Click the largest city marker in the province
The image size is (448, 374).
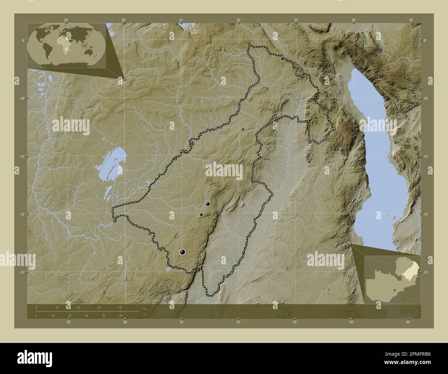coord(182,253)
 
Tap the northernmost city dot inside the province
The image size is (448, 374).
coord(282,59)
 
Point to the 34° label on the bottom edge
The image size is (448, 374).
coord(351,322)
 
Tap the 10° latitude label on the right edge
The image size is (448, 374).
coord(426,98)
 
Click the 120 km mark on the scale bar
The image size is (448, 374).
coord(99,307)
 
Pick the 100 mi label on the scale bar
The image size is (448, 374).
coord(120,316)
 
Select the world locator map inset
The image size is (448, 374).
coord(66,45)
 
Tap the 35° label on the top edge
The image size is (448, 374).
coord(411,20)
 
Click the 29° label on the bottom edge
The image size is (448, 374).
coord(69,322)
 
